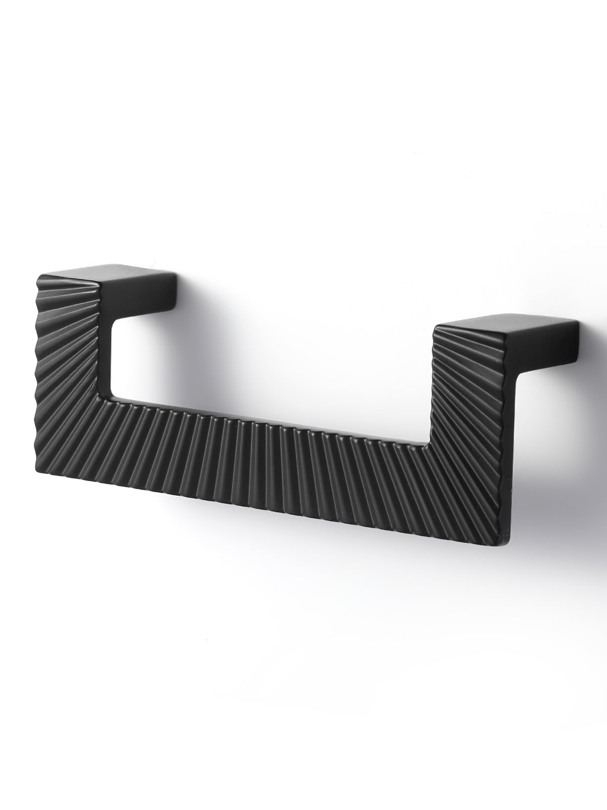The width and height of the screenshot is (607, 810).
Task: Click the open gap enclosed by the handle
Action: (x=263, y=364)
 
